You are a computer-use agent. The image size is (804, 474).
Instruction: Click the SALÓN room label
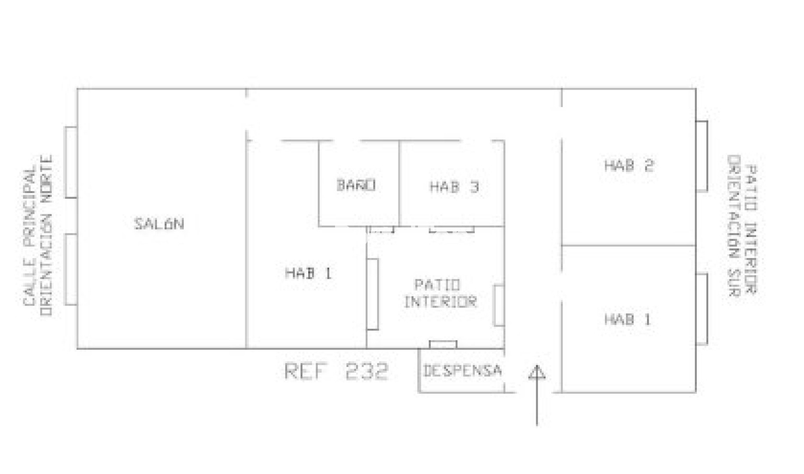pyautogui.click(x=159, y=224)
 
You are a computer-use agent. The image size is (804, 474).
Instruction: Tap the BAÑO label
pyautogui.click(x=356, y=185)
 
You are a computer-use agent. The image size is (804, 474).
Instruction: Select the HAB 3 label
pyautogui.click(x=454, y=187)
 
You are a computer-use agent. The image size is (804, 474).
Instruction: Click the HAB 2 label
pyautogui.click(x=629, y=165)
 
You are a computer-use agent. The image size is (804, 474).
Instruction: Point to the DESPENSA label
pyautogui.click(x=462, y=370)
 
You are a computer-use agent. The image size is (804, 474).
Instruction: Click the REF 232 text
pyautogui.click(x=336, y=371)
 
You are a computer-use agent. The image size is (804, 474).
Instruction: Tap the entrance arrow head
pyautogui.click(x=537, y=372)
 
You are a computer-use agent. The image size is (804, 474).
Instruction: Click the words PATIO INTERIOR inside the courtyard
pyautogui.click(x=440, y=293)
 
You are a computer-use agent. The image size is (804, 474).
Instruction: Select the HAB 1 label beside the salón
pyautogui.click(x=308, y=273)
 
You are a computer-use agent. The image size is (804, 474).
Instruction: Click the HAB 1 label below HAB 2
pyautogui.click(x=627, y=319)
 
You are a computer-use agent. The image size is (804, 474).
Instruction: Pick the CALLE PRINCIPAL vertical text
pyautogui.click(x=29, y=237)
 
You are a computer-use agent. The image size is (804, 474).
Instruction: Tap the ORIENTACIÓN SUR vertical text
pyautogui.click(x=734, y=226)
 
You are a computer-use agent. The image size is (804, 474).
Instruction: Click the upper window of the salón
pyautogui.click(x=71, y=162)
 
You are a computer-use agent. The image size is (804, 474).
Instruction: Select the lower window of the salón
pyautogui.click(x=71, y=269)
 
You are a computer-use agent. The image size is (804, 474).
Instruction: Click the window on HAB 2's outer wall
pyautogui.click(x=702, y=156)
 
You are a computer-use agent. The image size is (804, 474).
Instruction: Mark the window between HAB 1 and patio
pyautogui.click(x=372, y=294)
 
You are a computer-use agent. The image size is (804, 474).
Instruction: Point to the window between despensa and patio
pyautogui.click(x=443, y=345)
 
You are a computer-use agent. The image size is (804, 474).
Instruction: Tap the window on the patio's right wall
pyautogui.click(x=499, y=305)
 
